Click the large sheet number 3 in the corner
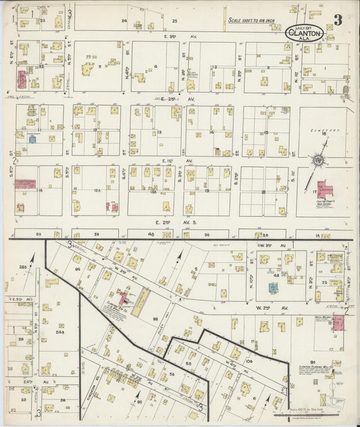338,20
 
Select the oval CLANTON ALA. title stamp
305,32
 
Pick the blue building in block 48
273,287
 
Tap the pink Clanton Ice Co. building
124,297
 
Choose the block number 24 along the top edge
124,21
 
